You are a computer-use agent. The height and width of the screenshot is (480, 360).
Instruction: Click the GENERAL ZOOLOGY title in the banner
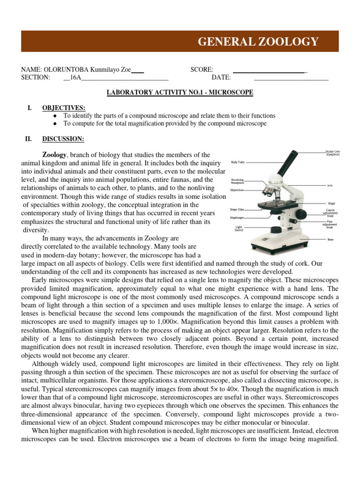click(258, 42)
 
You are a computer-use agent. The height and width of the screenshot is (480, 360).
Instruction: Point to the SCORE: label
click(202, 70)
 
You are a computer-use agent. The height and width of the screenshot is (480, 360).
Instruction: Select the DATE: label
click(221, 78)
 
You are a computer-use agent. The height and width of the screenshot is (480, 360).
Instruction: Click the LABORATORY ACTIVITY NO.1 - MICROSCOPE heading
click(180, 93)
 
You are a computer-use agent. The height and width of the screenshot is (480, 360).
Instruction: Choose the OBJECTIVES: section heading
click(63, 108)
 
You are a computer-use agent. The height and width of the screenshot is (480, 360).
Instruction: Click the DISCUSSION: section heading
click(63, 139)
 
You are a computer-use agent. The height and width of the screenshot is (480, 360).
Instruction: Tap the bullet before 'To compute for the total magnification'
click(55, 123)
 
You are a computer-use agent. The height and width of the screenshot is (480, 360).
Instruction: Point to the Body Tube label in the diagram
click(238, 162)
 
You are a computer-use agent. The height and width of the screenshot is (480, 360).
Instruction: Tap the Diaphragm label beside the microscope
click(237, 217)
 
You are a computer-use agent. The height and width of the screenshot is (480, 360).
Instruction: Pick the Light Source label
click(239, 229)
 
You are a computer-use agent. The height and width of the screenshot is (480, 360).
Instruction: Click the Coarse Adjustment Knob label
click(330, 212)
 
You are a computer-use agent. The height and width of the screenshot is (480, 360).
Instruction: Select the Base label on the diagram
click(330, 239)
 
